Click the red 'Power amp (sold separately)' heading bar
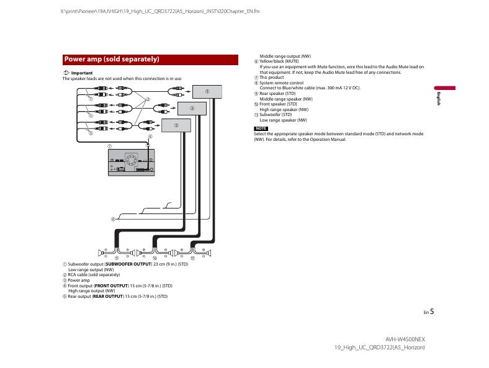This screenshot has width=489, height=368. [150, 60]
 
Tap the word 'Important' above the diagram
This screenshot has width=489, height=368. [82, 73]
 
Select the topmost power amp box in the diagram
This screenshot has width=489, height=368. [207, 91]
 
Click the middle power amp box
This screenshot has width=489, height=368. [192, 108]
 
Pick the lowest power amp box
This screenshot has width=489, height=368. [176, 125]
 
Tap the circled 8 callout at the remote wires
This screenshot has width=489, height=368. [113, 218]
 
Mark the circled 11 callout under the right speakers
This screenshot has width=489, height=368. [193, 258]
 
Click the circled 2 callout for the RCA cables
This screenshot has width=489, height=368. [148, 100]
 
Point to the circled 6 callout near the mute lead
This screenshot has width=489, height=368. [150, 137]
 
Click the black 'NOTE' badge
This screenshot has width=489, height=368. [261, 128]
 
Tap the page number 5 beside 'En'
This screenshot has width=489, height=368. [432, 312]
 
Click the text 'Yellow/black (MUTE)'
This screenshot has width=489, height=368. [279, 61]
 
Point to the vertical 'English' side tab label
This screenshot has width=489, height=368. [438, 97]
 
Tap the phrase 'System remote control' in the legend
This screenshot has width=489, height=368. [281, 83]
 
